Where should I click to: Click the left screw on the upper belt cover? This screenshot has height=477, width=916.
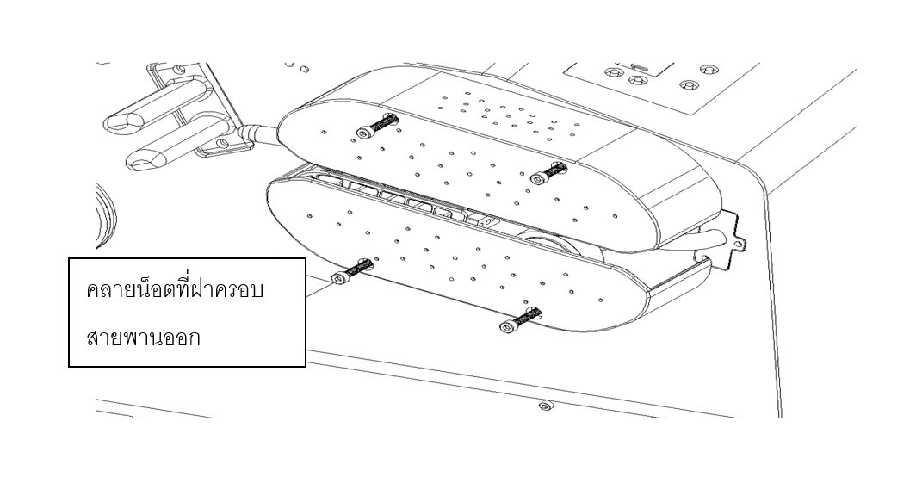pyautogui.click(x=377, y=127)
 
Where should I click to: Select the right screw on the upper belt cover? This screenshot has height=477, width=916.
pyautogui.click(x=548, y=172)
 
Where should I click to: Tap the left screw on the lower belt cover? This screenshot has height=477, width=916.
pyautogui.click(x=352, y=271)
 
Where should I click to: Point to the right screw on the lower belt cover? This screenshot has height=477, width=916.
pyautogui.click(x=521, y=319)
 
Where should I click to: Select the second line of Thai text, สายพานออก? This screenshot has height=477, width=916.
pyautogui.click(x=143, y=338)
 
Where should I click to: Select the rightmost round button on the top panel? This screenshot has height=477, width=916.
pyautogui.click(x=709, y=70)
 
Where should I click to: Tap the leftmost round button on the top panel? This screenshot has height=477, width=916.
pyautogui.click(x=613, y=72)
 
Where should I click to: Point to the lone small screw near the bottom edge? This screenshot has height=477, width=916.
pyautogui.click(x=545, y=405)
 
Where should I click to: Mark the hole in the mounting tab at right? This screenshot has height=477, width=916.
pyautogui.click(x=738, y=244)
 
